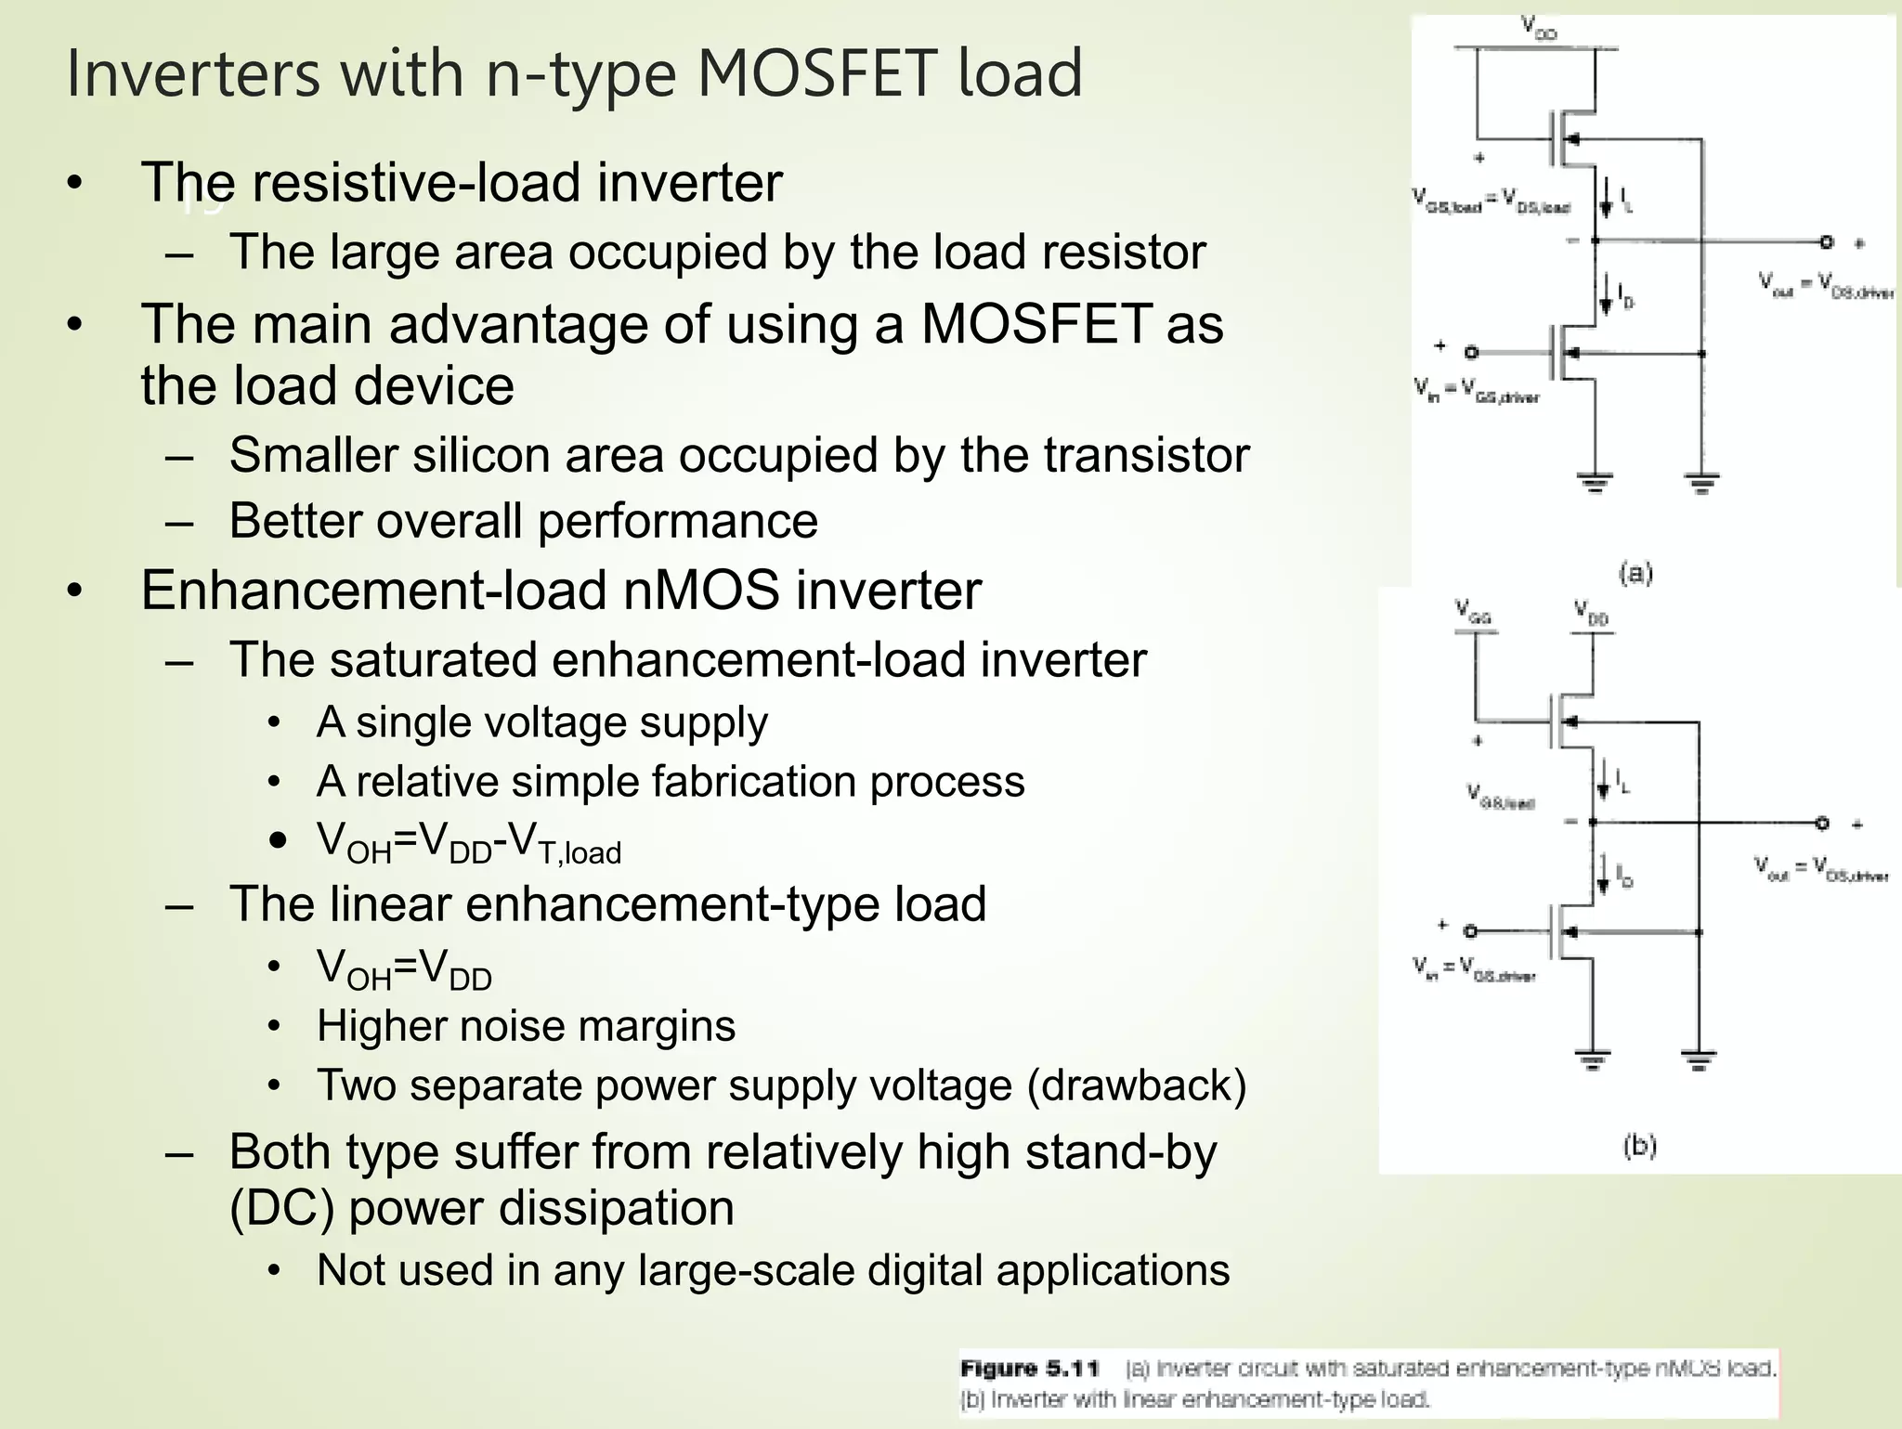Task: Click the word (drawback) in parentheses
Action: (1136, 1085)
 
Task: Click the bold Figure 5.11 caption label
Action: (1030, 1369)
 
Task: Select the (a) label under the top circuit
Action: (1635, 573)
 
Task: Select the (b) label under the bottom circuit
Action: (1639, 1146)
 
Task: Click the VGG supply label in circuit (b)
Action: (1473, 611)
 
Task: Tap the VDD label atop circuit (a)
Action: (1539, 27)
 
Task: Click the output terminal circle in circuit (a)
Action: (1826, 242)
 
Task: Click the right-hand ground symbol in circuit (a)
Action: (1701, 483)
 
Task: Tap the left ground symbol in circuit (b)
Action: (1593, 1059)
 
